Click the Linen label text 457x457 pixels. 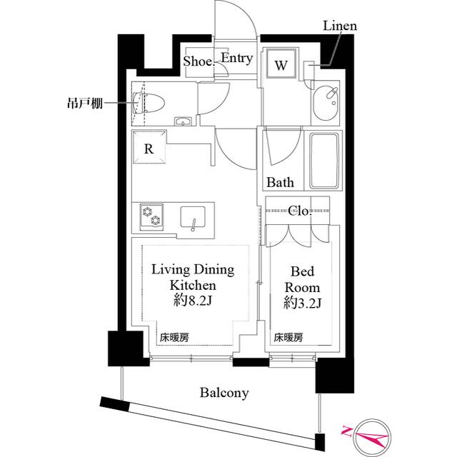click(340, 26)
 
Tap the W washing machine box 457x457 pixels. click(281, 64)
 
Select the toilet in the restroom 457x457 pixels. click(149, 103)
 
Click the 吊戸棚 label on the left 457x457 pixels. click(85, 103)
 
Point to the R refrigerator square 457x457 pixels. click(149, 147)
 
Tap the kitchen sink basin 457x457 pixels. click(193, 217)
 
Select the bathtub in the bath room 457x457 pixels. click(323, 161)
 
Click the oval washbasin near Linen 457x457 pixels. click(326, 103)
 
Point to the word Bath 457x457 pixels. click(280, 183)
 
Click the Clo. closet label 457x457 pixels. click(300, 211)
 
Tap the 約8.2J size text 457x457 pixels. click(192, 301)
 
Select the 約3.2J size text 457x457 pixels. click(303, 303)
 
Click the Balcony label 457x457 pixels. click(224, 393)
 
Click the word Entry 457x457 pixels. click(236, 58)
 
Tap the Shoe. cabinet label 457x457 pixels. click(199, 61)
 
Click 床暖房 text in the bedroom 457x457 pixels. click(288, 338)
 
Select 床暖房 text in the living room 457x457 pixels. click(174, 338)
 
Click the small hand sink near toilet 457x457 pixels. click(183, 121)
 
